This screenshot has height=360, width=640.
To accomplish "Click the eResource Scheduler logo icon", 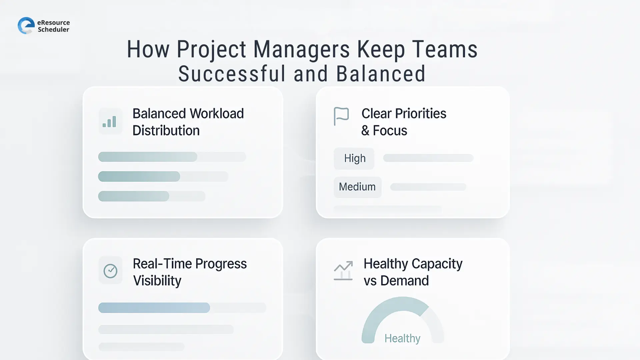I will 26,26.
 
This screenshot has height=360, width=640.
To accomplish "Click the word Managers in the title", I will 301,49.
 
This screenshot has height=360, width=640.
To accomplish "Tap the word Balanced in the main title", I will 380,74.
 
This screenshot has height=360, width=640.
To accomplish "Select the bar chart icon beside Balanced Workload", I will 110,122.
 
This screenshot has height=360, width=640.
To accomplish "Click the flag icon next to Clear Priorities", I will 341,116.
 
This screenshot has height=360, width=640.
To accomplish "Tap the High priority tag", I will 354,158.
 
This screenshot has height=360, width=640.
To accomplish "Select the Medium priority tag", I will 357,187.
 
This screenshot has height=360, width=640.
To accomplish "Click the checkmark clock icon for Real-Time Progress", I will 110,271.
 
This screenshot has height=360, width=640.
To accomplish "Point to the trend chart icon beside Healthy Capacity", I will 343,270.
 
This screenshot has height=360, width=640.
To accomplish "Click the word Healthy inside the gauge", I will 402,338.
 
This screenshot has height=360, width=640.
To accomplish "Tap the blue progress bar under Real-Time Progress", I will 154,308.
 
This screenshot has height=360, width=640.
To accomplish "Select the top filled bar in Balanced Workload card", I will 147,157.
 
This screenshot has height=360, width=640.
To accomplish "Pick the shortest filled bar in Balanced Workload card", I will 133,196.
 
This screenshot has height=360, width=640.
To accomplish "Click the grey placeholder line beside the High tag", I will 428,158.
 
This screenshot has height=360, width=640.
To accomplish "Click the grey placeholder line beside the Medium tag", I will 428,187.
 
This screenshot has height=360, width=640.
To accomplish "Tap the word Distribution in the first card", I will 166,131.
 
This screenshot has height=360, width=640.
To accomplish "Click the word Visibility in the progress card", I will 157,281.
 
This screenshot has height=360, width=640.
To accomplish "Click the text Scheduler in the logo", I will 53,30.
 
